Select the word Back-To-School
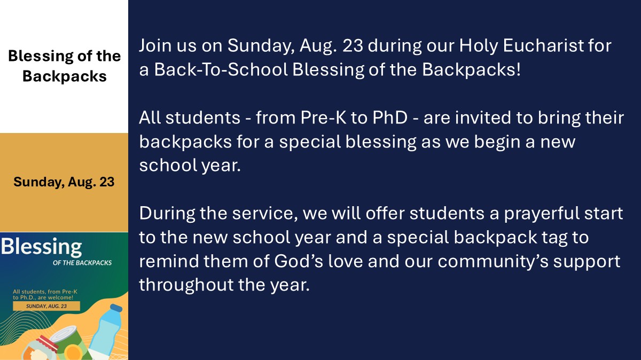click(221, 69)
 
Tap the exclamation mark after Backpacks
click(518, 69)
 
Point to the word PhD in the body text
click(390, 118)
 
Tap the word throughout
click(186, 285)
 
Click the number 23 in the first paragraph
click(353, 45)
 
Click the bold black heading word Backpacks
click(65, 77)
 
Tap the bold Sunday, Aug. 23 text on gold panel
click(64, 182)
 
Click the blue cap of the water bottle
click(116, 308)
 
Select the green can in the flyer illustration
click(72, 342)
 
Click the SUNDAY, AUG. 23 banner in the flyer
click(46, 306)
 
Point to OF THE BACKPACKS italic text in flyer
click(82, 263)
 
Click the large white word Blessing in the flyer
click(42, 247)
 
